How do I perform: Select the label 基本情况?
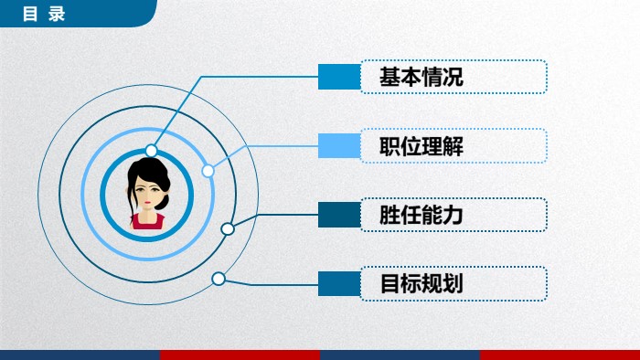pos(421,78)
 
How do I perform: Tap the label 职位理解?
pos(421,146)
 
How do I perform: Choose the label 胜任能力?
pos(421,216)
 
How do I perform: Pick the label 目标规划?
pos(421,284)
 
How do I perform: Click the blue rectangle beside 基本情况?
pos(338,78)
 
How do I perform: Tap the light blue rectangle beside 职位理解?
pos(338,146)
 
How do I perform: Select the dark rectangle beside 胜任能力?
pos(338,216)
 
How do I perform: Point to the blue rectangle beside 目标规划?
pos(338,284)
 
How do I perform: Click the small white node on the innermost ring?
pos(152,151)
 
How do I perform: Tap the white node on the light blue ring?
pos(208,170)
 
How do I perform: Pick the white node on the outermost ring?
pos(219,279)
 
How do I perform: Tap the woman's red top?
pos(146,220)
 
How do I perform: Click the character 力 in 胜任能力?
pos(453,216)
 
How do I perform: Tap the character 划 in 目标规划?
pos(453,284)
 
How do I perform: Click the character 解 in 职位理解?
pos(453,146)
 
